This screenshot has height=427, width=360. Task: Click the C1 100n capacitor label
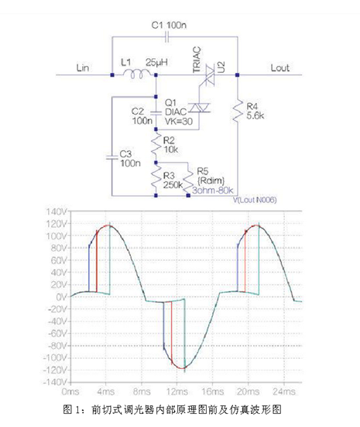pyautogui.click(x=169, y=25)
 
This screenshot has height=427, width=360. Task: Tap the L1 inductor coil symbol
pyautogui.click(x=136, y=74)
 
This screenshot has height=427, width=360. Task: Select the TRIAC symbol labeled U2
pyautogui.click(x=210, y=74)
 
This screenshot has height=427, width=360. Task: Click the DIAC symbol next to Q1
pyautogui.click(x=199, y=108)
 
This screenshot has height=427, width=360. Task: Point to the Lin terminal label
pyautogui.click(x=82, y=67)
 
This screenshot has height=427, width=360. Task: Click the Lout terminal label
pyautogui.click(x=279, y=67)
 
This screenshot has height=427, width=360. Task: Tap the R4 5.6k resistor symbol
pyautogui.click(x=238, y=110)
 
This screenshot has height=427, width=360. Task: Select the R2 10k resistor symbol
pyautogui.click(x=156, y=146)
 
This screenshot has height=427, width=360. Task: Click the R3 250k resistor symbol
pyautogui.click(x=156, y=179)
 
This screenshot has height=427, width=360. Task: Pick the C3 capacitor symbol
pyautogui.click(x=111, y=157)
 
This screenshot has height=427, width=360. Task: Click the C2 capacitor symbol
pyautogui.click(x=156, y=113)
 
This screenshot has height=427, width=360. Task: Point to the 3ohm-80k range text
pyautogui.click(x=213, y=191)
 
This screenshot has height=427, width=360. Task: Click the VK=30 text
pyautogui.click(x=179, y=121)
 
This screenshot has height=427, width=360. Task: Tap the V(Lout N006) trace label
pyautogui.click(x=255, y=200)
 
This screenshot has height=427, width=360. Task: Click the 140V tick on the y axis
pyautogui.click(x=57, y=212)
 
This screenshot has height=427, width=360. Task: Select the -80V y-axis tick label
pyautogui.click(x=55, y=346)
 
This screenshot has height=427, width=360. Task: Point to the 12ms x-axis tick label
pyautogui.click(x=177, y=391)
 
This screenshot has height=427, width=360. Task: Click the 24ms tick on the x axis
pyautogui.click(x=284, y=391)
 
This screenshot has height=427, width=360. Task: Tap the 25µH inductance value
pyautogui.click(x=156, y=62)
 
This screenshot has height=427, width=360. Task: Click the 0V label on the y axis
pyautogui.click(x=61, y=297)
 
